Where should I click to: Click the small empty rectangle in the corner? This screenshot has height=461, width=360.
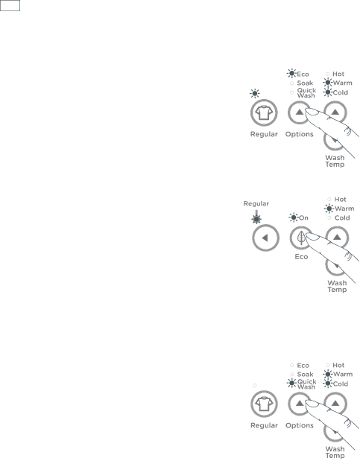[10, 6]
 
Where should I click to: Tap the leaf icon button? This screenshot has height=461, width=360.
[301, 238]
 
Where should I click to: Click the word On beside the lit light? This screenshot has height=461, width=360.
[303, 218]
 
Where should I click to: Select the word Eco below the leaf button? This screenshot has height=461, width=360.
[301, 257]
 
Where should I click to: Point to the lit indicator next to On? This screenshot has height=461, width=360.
[294, 217]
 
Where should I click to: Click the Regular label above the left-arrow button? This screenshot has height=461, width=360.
[256, 203]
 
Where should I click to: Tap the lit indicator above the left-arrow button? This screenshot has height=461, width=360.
[256, 219]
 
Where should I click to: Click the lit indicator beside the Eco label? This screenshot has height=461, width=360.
[291, 74]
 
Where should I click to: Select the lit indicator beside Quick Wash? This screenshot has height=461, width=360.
[291, 383]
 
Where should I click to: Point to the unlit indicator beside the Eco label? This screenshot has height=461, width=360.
[291, 365]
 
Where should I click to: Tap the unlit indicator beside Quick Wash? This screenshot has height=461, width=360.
[291, 92]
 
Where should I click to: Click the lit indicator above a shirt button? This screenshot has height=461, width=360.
[255, 94]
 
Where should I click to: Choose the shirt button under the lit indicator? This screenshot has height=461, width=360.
[264, 112]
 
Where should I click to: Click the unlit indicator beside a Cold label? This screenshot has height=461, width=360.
[329, 218]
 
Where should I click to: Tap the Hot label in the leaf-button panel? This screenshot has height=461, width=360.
[341, 200]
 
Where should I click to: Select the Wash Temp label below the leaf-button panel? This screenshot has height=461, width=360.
[337, 286]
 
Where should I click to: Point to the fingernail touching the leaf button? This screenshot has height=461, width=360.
[312, 236]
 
